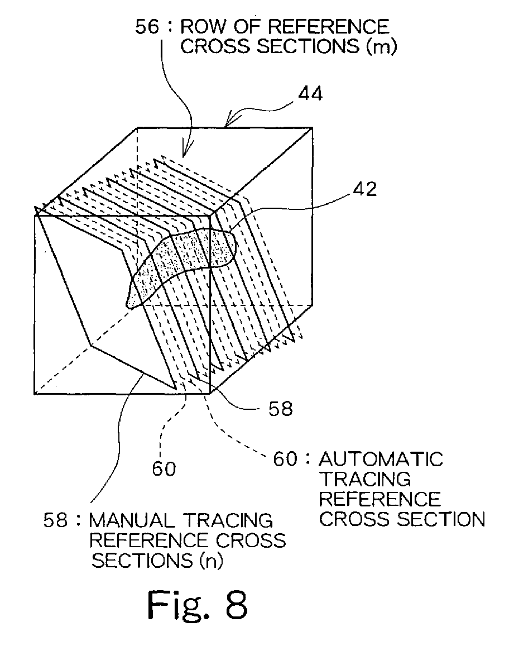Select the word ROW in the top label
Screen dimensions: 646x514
209,27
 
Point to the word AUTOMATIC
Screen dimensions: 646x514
381,460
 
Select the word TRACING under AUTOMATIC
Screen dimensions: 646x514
364,479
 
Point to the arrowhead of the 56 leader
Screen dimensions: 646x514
185,156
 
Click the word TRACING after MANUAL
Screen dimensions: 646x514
225,521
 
